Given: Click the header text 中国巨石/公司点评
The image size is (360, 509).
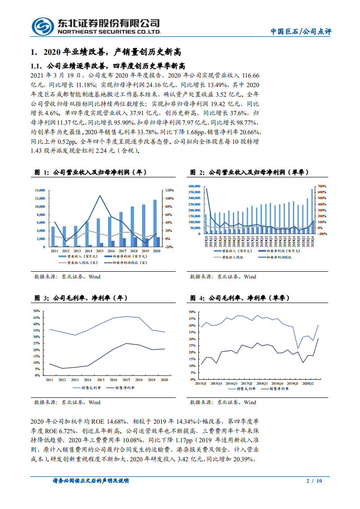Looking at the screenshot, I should [301, 31].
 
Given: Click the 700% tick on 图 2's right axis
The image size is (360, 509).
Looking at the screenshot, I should [321, 186].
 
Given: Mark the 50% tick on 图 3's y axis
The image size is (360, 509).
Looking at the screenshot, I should [36, 311].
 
